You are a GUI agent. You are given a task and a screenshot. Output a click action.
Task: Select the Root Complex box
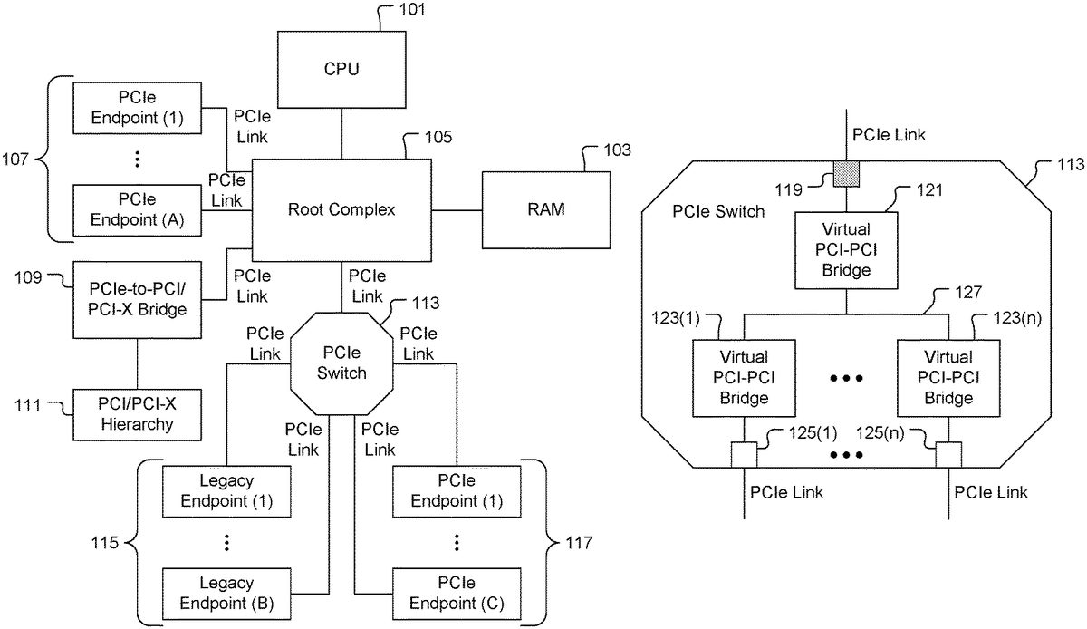[x=341, y=209]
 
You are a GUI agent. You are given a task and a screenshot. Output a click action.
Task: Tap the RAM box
[x=546, y=209]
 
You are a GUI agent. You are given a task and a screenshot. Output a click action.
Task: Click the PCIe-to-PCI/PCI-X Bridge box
[x=136, y=300]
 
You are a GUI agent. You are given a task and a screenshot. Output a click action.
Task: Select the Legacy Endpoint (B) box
[x=227, y=592]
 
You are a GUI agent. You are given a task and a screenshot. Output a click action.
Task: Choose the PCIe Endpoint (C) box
[x=456, y=592]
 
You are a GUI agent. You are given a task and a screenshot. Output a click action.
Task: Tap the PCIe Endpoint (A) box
[x=136, y=209]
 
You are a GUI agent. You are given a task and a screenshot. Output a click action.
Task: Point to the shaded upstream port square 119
[x=846, y=173]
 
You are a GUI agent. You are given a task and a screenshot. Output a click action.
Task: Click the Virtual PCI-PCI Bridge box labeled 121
[x=846, y=251]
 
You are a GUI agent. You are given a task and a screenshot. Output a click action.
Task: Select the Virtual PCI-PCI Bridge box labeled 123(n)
[x=948, y=377]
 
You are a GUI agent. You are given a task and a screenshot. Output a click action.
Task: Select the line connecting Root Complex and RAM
[x=457, y=209]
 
